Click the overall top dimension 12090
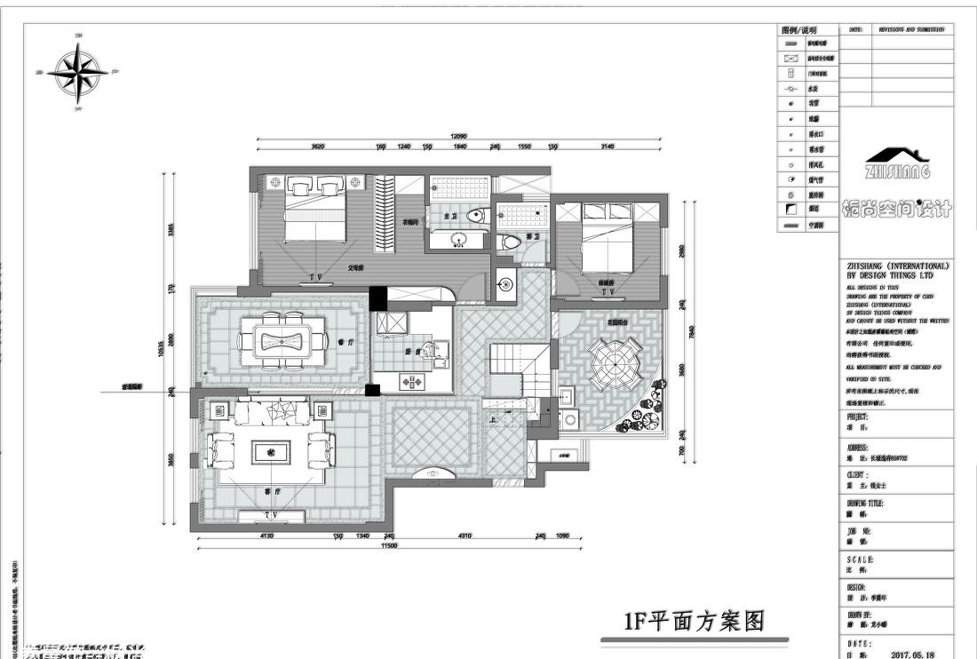tap(458, 137)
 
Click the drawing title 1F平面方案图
tap(694, 620)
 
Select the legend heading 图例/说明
tap(798, 30)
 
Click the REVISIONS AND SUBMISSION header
tap(911, 29)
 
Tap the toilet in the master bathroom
tap(479, 214)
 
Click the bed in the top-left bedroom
tap(315, 213)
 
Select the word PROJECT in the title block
tap(858, 417)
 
